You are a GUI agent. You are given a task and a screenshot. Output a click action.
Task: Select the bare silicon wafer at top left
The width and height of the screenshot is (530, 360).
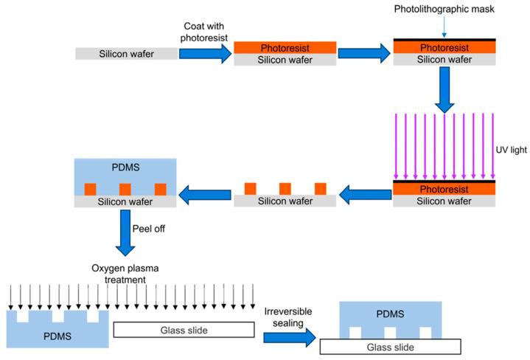pyautogui.click(x=126, y=54)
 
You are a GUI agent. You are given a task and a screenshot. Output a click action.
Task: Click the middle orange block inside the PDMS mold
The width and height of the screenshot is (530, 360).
pyautogui.click(x=125, y=189)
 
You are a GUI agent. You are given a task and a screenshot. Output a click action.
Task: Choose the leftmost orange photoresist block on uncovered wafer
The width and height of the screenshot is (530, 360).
pyautogui.click(x=250, y=189)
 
